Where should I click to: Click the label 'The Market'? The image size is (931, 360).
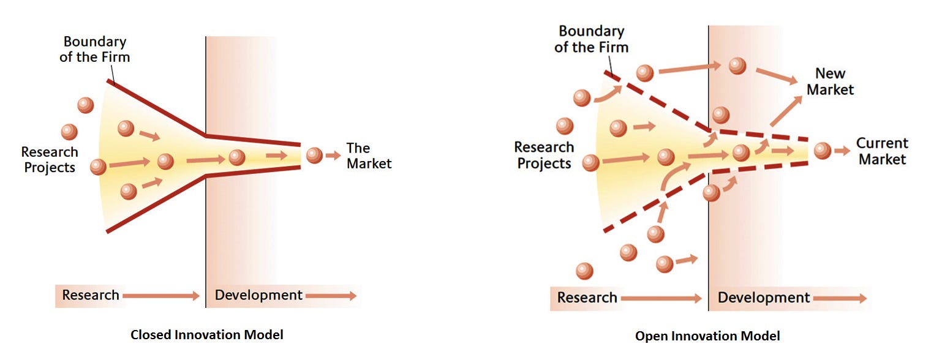click(x=369, y=156)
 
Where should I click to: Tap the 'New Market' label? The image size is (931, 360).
click(x=830, y=81)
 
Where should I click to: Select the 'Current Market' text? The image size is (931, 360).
click(x=881, y=151)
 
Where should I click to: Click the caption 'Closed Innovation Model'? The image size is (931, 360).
click(x=206, y=335)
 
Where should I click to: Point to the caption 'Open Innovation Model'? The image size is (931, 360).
click(x=707, y=336)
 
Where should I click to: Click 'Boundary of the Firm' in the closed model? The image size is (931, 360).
click(x=95, y=50)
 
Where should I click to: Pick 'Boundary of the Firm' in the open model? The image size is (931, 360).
click(x=591, y=39)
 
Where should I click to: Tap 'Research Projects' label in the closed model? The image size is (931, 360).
click(x=50, y=159)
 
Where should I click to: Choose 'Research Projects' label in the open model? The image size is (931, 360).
click(x=544, y=155)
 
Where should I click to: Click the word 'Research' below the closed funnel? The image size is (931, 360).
click(x=91, y=295)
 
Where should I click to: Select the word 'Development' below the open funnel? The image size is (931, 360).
click(x=763, y=298)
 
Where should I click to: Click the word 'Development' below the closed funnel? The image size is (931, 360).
click(x=258, y=295)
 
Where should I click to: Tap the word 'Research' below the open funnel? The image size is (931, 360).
click(x=587, y=298)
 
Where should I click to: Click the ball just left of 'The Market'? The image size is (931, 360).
click(x=314, y=156)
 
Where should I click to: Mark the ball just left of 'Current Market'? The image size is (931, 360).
click(x=822, y=151)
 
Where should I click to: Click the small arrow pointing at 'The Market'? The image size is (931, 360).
click(x=333, y=156)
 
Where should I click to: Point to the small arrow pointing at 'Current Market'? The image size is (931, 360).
click(x=842, y=151)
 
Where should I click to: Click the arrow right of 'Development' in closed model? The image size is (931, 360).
click(x=331, y=296)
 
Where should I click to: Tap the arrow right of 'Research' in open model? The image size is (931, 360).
click(x=661, y=299)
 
